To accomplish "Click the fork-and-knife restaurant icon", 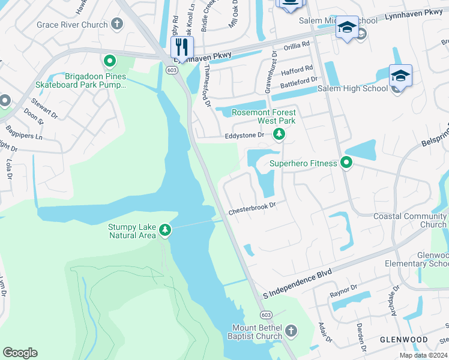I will point(182,47).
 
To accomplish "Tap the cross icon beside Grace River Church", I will point(117,25).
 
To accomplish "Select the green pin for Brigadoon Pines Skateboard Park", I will point(110,61).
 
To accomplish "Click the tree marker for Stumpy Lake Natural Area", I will point(165,230).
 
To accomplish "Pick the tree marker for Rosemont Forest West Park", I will point(279,134).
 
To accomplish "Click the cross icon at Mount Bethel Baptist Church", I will point(291,331).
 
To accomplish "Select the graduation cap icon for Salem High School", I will point(400,77).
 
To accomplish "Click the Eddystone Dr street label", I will point(244,136).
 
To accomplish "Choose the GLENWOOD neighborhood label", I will point(404,340).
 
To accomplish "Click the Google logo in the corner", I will point(20,353).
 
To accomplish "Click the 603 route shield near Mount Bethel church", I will point(264,316).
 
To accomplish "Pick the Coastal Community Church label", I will point(409,220).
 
